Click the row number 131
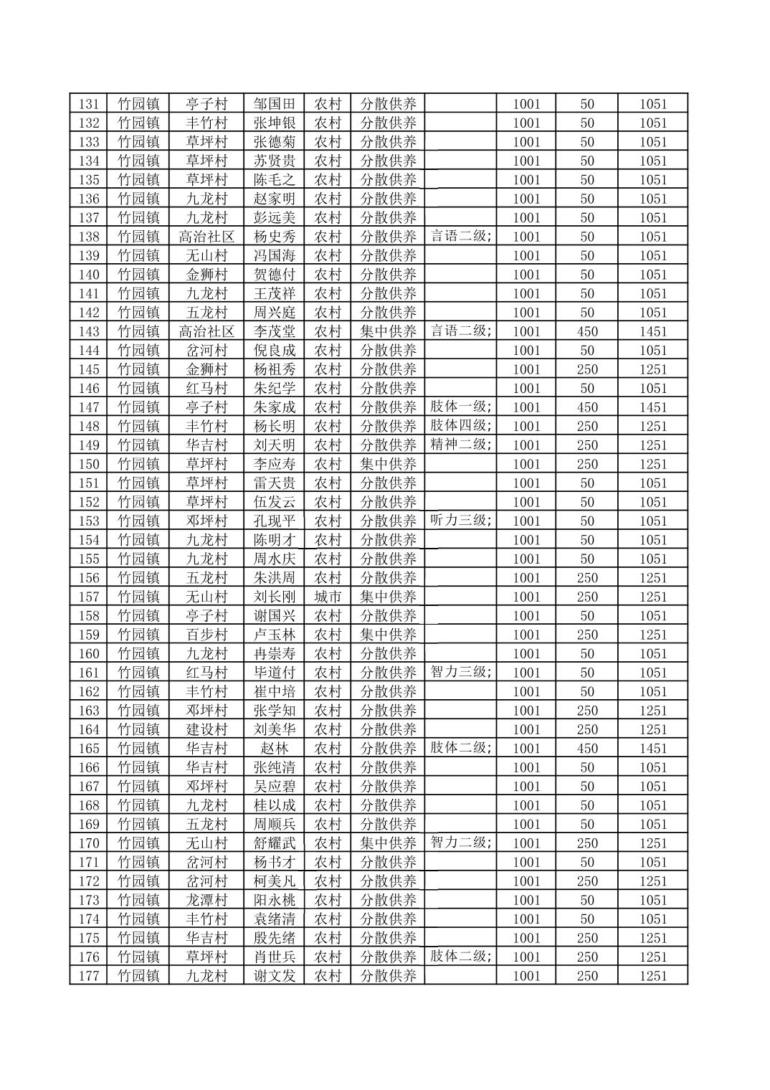pyautogui.click(x=88, y=104)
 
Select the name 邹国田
pyautogui.click(x=274, y=104)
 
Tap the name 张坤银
pyautogui.click(x=274, y=123)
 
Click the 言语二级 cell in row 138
pyautogui.click(x=460, y=237)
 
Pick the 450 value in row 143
pyautogui.click(x=586, y=331)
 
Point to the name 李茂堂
pyautogui.click(x=274, y=331)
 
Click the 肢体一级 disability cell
pyautogui.click(x=460, y=407)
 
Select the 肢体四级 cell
pyautogui.click(x=460, y=426)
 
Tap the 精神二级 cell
pyautogui.click(x=460, y=445)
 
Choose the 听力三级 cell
pyautogui.click(x=460, y=521)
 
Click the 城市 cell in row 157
pyautogui.click(x=328, y=597)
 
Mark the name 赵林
pyautogui.click(x=274, y=748)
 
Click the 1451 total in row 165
pyautogui.click(x=652, y=748)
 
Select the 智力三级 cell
pyautogui.click(x=460, y=673)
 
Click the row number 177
pyautogui.click(x=88, y=976)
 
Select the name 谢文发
pyautogui.click(x=274, y=976)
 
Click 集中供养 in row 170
pyautogui.click(x=387, y=843)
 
